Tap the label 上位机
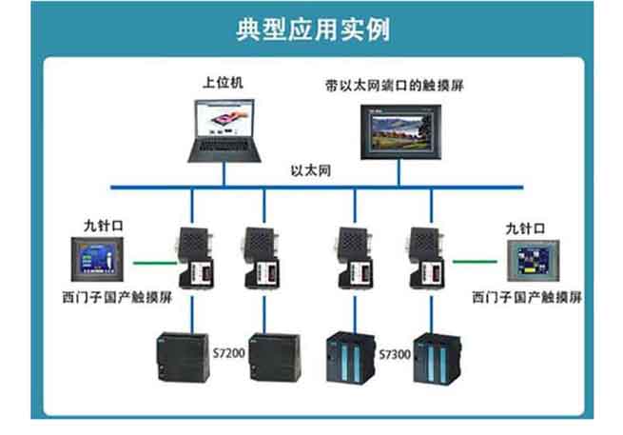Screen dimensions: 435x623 pos(224,83)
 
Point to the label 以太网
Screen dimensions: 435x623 pos(312,172)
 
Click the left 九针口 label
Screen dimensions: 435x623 pos(101,227)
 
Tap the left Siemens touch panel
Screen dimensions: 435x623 pos(100,262)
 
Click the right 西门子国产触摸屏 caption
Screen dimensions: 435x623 pos(527,298)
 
